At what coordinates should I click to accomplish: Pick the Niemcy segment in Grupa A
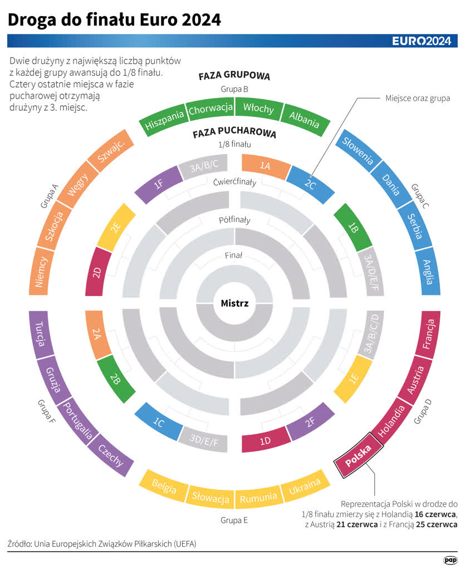(x=40, y=272)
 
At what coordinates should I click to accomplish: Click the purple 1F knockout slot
(x=158, y=184)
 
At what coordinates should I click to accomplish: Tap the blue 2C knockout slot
(x=310, y=184)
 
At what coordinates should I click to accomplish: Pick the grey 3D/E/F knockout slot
(x=204, y=441)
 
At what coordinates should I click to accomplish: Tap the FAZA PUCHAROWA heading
(x=234, y=134)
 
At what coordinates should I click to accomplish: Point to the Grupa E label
(x=234, y=520)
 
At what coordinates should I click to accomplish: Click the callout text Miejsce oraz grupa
(x=418, y=99)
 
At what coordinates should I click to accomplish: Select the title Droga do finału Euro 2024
(x=114, y=20)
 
